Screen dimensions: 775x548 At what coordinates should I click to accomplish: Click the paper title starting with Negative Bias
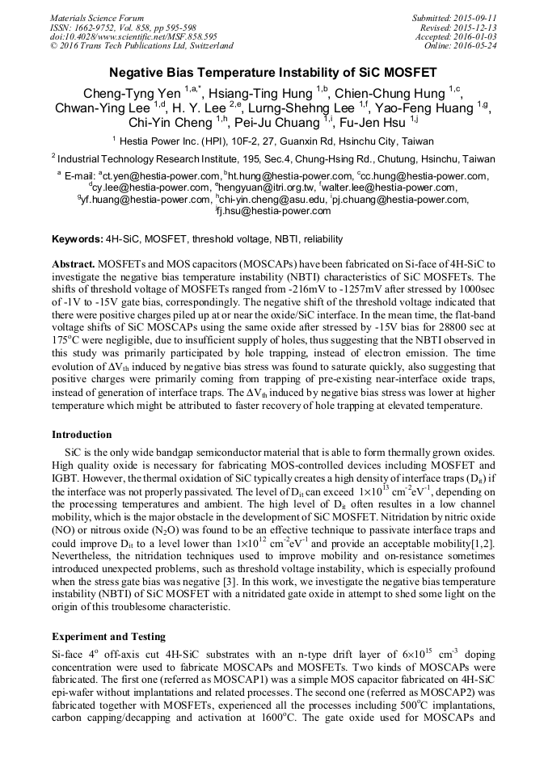tap(273, 72)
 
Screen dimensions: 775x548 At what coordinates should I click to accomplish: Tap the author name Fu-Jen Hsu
tap(373, 123)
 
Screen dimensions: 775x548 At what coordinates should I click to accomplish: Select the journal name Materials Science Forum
tap(97, 18)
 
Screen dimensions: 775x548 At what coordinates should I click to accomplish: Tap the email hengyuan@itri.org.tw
tap(263, 187)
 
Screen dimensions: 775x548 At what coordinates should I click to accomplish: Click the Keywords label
tap(78, 239)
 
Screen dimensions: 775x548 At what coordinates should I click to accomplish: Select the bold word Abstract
tap(74, 264)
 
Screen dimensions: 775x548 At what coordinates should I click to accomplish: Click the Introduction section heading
tap(82, 435)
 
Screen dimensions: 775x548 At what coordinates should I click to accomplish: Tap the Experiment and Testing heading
tap(108, 637)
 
